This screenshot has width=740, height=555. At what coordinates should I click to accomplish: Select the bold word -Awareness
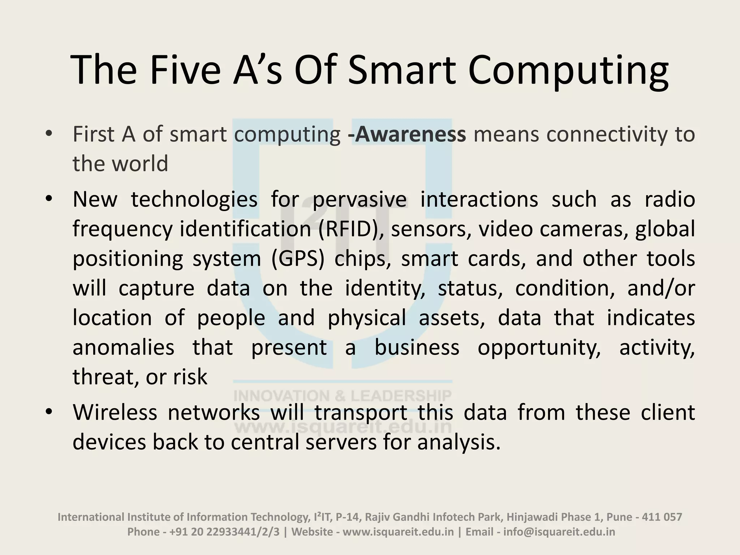click(x=406, y=134)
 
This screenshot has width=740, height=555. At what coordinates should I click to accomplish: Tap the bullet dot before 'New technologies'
click(x=49, y=199)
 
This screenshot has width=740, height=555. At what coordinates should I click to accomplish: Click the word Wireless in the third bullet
click(x=115, y=412)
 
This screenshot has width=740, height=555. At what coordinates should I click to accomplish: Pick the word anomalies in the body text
click(x=123, y=348)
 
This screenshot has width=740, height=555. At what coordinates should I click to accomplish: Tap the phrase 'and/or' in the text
click(x=661, y=288)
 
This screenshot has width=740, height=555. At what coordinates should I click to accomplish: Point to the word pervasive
click(x=360, y=199)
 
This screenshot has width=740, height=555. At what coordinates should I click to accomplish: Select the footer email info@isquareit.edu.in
click(x=559, y=532)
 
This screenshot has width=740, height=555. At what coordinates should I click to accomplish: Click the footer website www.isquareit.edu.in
click(x=398, y=532)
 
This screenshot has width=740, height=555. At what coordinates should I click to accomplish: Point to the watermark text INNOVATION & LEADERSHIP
click(x=342, y=396)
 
